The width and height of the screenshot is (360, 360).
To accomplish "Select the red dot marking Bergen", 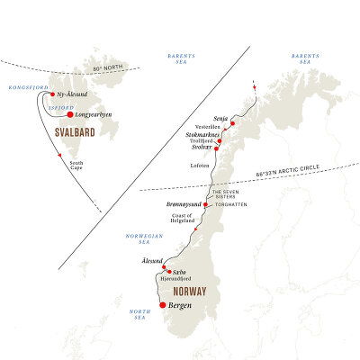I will [x=162, y=304].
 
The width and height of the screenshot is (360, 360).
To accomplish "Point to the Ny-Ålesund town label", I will [x=72, y=94].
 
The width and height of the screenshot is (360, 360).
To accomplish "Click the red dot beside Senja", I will [x=232, y=123].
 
